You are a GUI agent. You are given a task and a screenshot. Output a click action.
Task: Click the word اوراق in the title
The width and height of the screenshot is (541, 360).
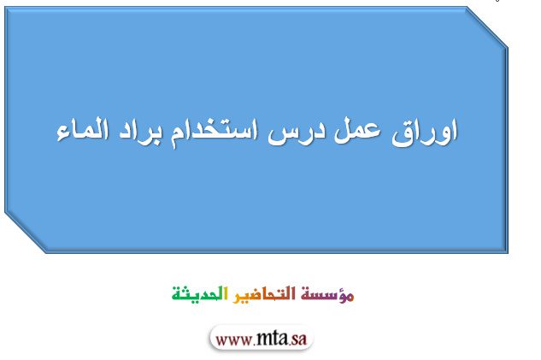pyautogui.click(x=425, y=133)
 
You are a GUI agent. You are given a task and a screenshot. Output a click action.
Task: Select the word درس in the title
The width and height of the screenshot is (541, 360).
pyautogui.click(x=297, y=133)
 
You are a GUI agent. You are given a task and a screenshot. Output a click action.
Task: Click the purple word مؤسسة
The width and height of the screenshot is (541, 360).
pyautogui.click(x=327, y=294)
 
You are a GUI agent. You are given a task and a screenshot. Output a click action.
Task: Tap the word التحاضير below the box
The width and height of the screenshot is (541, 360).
pyautogui.click(x=264, y=294)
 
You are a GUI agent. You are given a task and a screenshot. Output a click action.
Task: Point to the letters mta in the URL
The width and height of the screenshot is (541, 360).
pyautogui.click(x=271, y=339)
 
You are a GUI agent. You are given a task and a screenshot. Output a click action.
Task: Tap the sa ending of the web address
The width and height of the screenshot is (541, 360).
pyautogui.click(x=298, y=339)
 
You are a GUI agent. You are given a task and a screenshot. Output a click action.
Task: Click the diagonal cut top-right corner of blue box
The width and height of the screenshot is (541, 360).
pyautogui.click(x=486, y=27)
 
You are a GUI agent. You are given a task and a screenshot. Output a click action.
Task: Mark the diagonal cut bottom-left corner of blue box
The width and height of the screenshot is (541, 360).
pyautogui.click(x=26, y=232)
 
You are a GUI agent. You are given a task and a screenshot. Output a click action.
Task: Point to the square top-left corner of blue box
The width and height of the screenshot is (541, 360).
pyautogui.click(x=5, y=8)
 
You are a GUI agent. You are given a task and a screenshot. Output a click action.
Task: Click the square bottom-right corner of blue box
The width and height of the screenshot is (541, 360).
pyautogui.click(x=507, y=251)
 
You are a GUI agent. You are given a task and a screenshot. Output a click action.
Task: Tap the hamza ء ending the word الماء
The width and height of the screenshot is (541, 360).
pyautogui.click(x=62, y=135)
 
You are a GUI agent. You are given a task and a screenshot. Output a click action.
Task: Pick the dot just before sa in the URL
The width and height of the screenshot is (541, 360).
pyautogui.click(x=288, y=344)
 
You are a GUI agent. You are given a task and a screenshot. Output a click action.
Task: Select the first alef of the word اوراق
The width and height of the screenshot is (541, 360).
pyautogui.click(x=455, y=129)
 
